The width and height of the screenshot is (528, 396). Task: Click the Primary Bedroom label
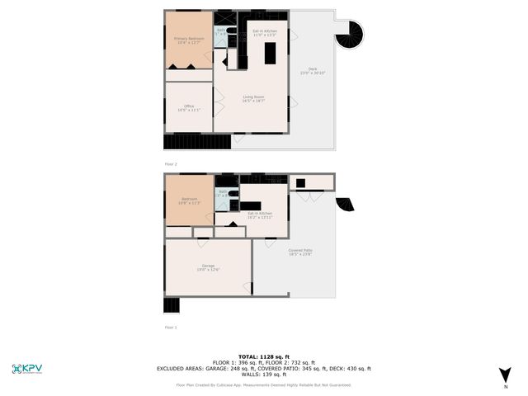[x=189, y=40]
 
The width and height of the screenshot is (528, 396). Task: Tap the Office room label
[x=188, y=108]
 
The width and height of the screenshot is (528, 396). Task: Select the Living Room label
[x=253, y=99]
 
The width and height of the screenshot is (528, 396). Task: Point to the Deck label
[x=313, y=71]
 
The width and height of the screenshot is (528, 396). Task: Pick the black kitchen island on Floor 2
[x=271, y=53]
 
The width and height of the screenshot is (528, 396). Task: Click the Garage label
[x=208, y=266]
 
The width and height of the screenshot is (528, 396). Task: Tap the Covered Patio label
[x=300, y=252]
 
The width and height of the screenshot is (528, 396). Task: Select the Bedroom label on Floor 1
[x=189, y=200]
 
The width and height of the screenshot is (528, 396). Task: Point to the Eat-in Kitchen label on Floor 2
[x=264, y=33]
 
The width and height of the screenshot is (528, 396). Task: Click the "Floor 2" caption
[x=171, y=164]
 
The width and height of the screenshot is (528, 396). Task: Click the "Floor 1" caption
[x=171, y=328]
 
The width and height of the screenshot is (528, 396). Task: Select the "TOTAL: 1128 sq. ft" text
[x=264, y=356]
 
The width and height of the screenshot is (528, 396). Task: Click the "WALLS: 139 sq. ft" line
[x=264, y=375]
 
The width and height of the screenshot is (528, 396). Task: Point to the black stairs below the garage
[x=172, y=304]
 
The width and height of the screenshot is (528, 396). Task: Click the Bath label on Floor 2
[x=221, y=31]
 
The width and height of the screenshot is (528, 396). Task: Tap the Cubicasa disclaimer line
[x=264, y=384]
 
